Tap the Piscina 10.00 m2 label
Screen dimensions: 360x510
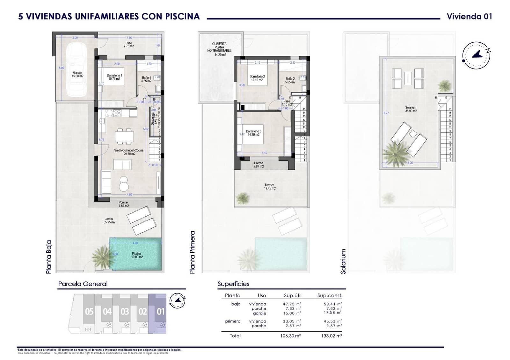coord(136,255)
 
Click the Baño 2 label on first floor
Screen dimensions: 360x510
coord(290,80)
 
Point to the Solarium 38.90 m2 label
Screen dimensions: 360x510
coord(411,109)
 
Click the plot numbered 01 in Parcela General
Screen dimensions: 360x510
coord(160,311)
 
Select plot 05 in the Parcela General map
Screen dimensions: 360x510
coord(89,311)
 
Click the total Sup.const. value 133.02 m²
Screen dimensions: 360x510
coord(332,335)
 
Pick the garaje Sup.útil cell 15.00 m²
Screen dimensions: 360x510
coord(292,313)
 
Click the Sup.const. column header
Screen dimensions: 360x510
coord(330,295)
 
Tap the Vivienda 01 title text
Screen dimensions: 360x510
coord(469,17)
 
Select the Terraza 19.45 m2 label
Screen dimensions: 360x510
coord(269,186)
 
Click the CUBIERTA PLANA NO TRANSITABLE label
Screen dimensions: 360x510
coord(219,49)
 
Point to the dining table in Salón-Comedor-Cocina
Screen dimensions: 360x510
coord(124,136)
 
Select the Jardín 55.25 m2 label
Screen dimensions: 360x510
coord(109,220)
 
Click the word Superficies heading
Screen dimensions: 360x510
coord(233,284)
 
